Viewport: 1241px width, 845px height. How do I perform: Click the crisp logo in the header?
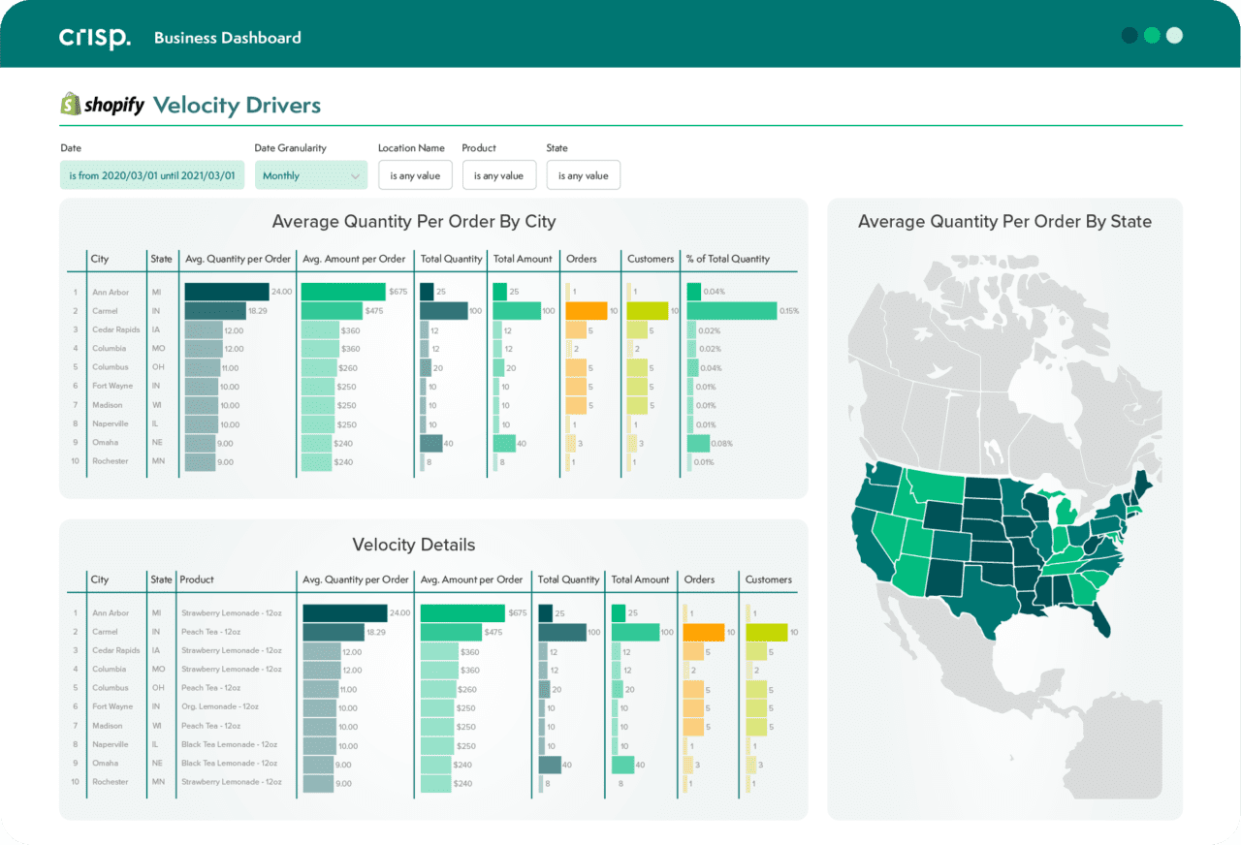click(94, 38)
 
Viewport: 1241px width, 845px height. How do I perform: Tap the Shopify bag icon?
click(70, 105)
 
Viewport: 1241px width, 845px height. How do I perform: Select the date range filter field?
click(151, 175)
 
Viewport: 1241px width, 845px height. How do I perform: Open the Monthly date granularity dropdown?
click(310, 175)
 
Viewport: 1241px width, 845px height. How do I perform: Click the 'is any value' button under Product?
click(498, 175)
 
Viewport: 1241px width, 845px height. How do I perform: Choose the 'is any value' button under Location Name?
click(415, 175)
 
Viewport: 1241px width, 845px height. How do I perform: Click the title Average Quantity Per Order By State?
click(1004, 222)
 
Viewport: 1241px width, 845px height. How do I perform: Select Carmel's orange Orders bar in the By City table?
click(586, 311)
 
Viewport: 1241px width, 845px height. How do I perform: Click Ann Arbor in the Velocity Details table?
click(111, 612)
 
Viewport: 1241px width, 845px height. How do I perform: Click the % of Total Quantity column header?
click(727, 259)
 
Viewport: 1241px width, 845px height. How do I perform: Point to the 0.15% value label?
click(789, 311)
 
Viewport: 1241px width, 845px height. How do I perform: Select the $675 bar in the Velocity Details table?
click(462, 612)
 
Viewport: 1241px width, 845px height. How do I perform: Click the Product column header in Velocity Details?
click(197, 579)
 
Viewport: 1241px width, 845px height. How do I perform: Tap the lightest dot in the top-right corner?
click(1174, 36)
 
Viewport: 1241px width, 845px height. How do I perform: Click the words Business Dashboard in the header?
click(227, 38)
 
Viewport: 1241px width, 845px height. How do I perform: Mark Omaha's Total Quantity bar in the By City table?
click(430, 443)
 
